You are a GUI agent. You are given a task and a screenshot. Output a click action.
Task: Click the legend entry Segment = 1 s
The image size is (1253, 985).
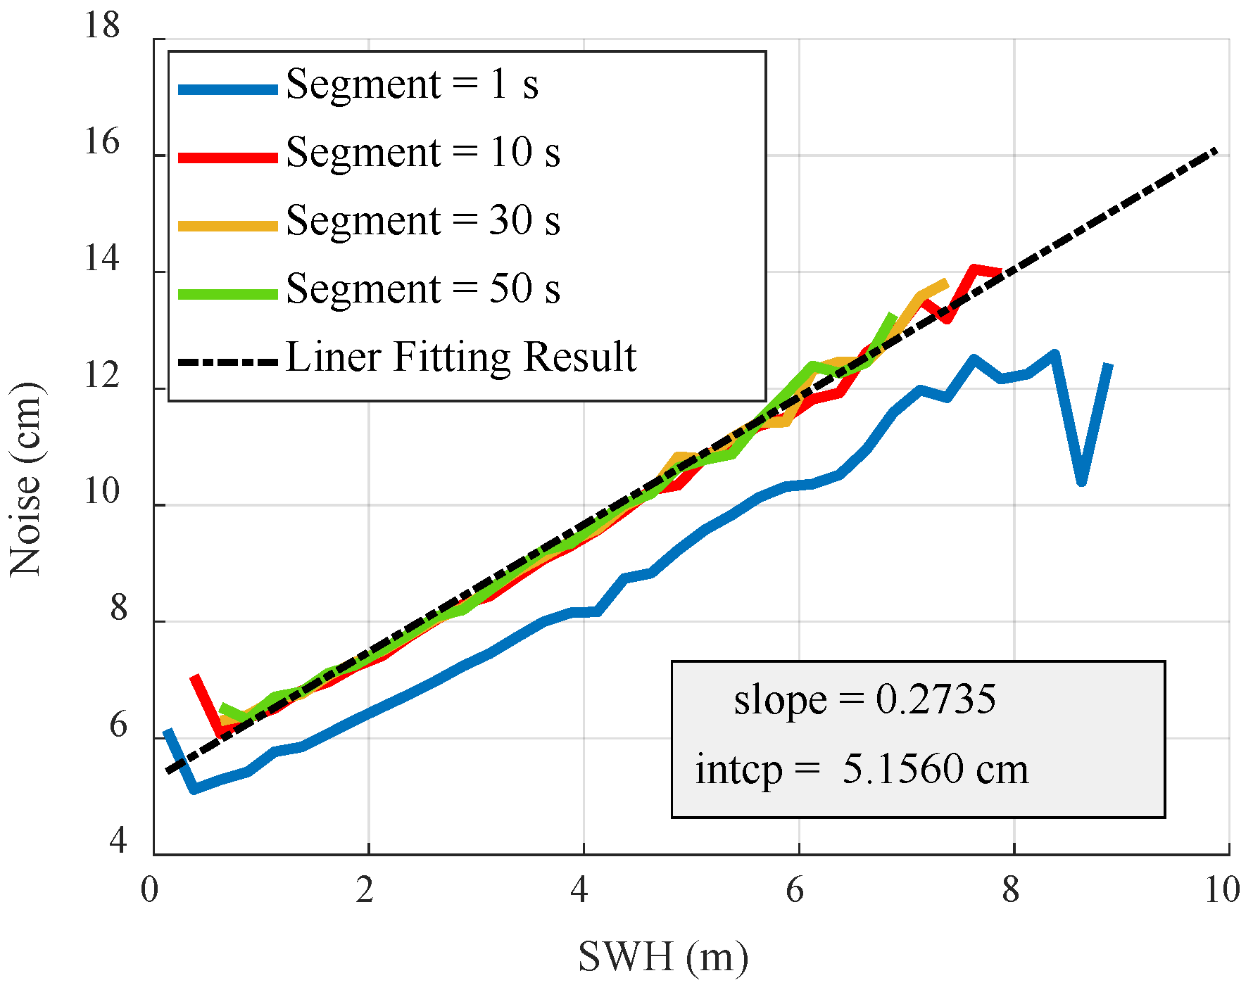pos(412,84)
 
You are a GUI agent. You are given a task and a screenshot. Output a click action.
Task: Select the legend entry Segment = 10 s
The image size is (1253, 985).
pos(422,153)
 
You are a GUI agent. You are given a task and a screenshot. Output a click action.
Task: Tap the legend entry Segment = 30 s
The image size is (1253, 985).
pos(422,221)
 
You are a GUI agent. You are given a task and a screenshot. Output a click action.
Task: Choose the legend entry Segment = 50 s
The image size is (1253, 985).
pos(422,289)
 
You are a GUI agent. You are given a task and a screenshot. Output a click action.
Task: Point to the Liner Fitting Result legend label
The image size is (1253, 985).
pos(461,357)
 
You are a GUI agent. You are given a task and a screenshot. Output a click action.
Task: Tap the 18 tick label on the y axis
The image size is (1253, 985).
pos(102,26)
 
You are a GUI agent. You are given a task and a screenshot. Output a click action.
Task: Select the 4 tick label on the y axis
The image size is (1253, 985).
pos(118,841)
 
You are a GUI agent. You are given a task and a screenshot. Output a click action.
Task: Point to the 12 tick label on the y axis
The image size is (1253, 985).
pos(102,376)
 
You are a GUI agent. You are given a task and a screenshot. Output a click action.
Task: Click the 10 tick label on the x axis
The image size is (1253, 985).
pos(1222,891)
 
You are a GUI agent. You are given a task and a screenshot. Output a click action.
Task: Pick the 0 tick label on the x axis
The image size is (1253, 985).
pos(149,891)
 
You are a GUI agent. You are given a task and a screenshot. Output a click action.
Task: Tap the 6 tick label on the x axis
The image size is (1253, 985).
pos(795,891)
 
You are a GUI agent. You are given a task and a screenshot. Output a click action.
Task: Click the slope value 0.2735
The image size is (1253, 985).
pos(936,700)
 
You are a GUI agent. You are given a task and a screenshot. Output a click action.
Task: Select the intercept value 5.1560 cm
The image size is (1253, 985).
pos(936,769)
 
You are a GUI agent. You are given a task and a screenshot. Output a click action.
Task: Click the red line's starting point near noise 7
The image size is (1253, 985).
pos(194,678)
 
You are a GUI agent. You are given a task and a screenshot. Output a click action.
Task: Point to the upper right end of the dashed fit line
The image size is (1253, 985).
pos(1215,151)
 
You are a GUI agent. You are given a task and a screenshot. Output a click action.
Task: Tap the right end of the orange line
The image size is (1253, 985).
pos(946,283)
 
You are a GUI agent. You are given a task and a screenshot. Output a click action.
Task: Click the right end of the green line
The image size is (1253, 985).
pos(893,316)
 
